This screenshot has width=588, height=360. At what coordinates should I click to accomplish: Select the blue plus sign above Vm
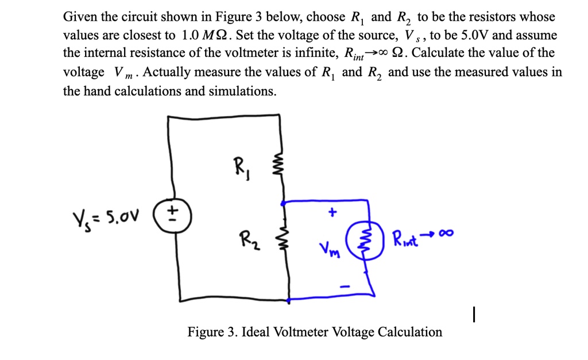pos(331,212)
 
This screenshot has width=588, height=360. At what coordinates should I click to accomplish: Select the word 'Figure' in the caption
pos(205,332)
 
